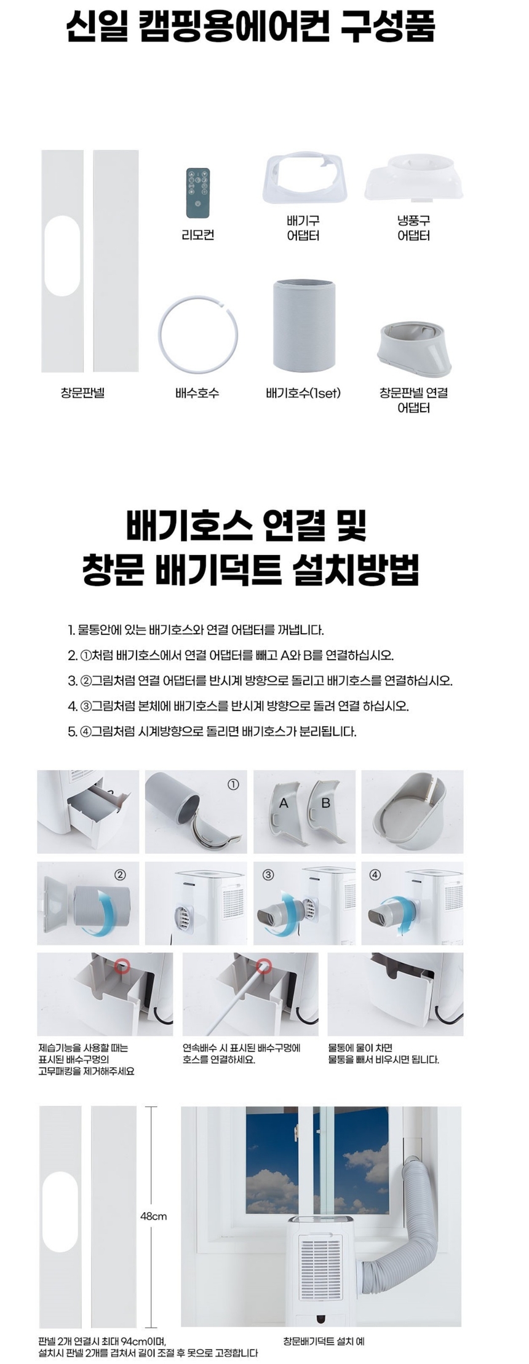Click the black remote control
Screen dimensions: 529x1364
pyautogui.click(x=197, y=192)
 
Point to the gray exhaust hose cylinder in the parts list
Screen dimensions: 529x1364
pyautogui.click(x=304, y=325)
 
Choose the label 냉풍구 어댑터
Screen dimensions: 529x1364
pyautogui.click(x=413, y=228)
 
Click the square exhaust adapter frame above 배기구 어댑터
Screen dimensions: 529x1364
pyautogui.click(x=303, y=180)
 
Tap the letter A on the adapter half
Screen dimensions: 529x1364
pyautogui.click(x=284, y=803)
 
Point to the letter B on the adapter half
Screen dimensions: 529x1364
pyautogui.click(x=326, y=803)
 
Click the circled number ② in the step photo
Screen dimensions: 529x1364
pyautogui.click(x=121, y=875)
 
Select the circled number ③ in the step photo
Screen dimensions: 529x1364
pyautogui.click(x=268, y=875)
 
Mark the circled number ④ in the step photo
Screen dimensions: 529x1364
pyautogui.click(x=375, y=875)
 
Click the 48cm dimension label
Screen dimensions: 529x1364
pyautogui.click(x=153, y=1216)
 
